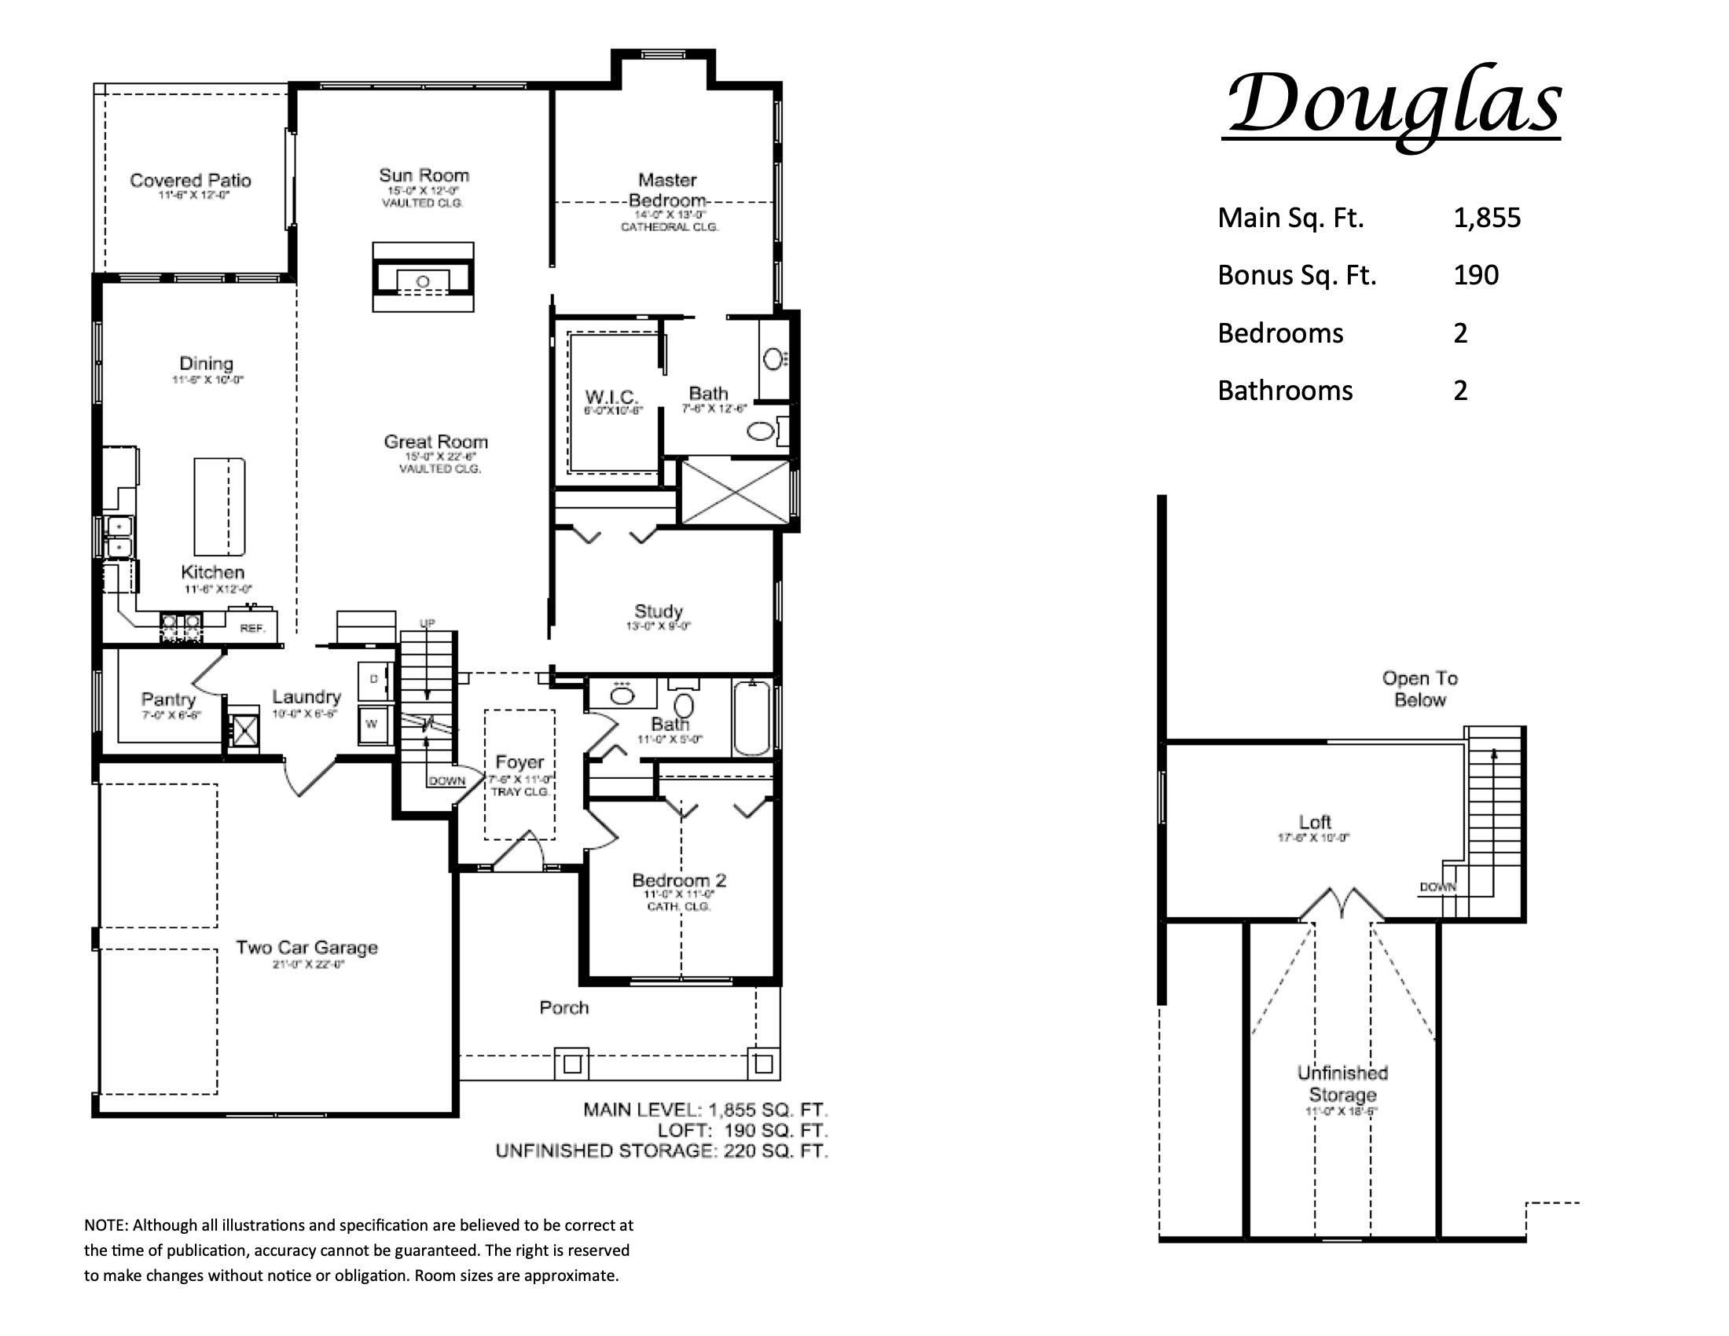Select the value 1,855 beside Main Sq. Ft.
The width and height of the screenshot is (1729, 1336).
point(1486,218)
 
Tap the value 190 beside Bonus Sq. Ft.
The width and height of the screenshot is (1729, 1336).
point(1476,275)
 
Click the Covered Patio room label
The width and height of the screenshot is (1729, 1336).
point(190,182)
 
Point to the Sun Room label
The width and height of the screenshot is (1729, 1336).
point(424,176)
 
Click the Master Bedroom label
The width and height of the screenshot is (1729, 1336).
point(667,190)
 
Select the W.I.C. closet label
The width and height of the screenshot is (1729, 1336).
point(611,397)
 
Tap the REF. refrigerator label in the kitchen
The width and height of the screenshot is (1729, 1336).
point(252,629)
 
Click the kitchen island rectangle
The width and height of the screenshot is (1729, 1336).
point(219,507)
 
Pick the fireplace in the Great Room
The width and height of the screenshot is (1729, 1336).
point(424,277)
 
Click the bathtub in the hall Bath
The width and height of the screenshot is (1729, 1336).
point(751,718)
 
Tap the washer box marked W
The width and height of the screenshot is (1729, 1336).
point(371,725)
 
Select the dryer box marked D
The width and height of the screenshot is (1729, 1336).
point(373,679)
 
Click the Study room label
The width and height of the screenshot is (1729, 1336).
point(658,611)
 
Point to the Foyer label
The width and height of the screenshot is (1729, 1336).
point(519,762)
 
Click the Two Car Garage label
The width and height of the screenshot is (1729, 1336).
point(307,948)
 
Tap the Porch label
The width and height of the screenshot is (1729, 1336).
point(563,1008)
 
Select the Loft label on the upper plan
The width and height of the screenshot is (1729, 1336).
point(1314,822)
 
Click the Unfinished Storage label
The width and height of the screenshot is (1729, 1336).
point(1342,1085)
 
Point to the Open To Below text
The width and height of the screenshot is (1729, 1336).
point(1419,688)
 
